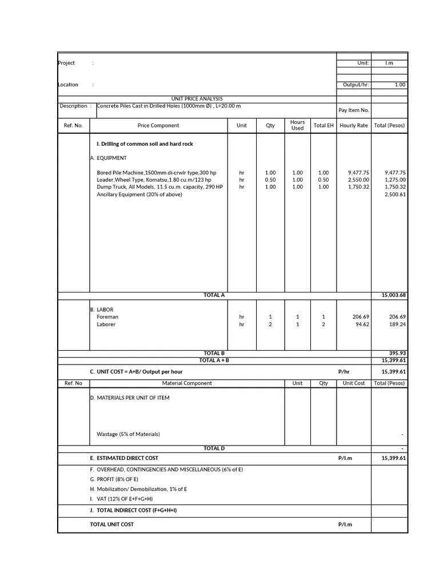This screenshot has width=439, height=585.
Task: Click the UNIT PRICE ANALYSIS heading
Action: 197,99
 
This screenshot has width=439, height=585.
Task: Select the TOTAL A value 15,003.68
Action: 393,295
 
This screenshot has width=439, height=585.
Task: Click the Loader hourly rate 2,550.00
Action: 358,179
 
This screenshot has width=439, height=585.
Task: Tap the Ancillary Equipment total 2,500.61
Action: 394,194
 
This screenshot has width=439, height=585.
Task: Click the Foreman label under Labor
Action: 107,316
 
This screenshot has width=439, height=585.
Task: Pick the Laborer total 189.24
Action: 397,324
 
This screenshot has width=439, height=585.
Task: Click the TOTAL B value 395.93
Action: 397,353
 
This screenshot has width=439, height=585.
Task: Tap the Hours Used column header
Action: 297,125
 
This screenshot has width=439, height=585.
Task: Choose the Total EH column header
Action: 324,125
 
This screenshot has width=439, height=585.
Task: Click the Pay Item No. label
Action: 353,110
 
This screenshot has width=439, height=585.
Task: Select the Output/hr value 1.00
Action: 400,85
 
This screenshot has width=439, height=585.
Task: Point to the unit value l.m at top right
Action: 389,63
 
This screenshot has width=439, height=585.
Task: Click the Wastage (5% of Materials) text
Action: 128,434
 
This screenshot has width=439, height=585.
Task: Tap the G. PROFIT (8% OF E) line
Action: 117,479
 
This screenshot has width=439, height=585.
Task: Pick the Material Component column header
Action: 187,383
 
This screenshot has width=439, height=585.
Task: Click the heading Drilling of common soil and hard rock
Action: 145,144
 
